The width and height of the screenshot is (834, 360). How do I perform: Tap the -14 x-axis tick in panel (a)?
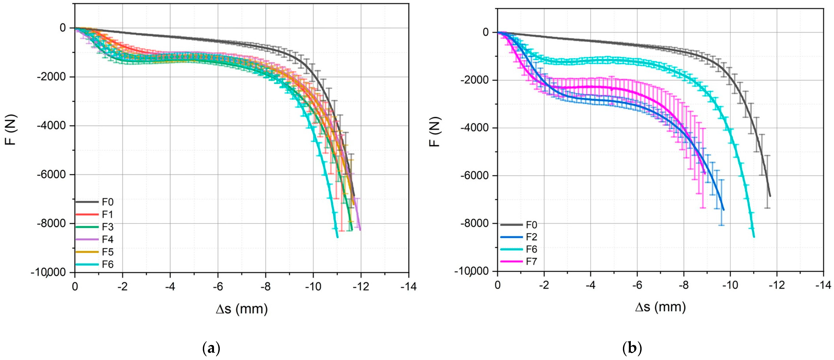coord(409,286)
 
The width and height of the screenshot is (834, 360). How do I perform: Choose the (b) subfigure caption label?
coord(632,349)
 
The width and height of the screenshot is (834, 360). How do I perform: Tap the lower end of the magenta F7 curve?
coord(705,173)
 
